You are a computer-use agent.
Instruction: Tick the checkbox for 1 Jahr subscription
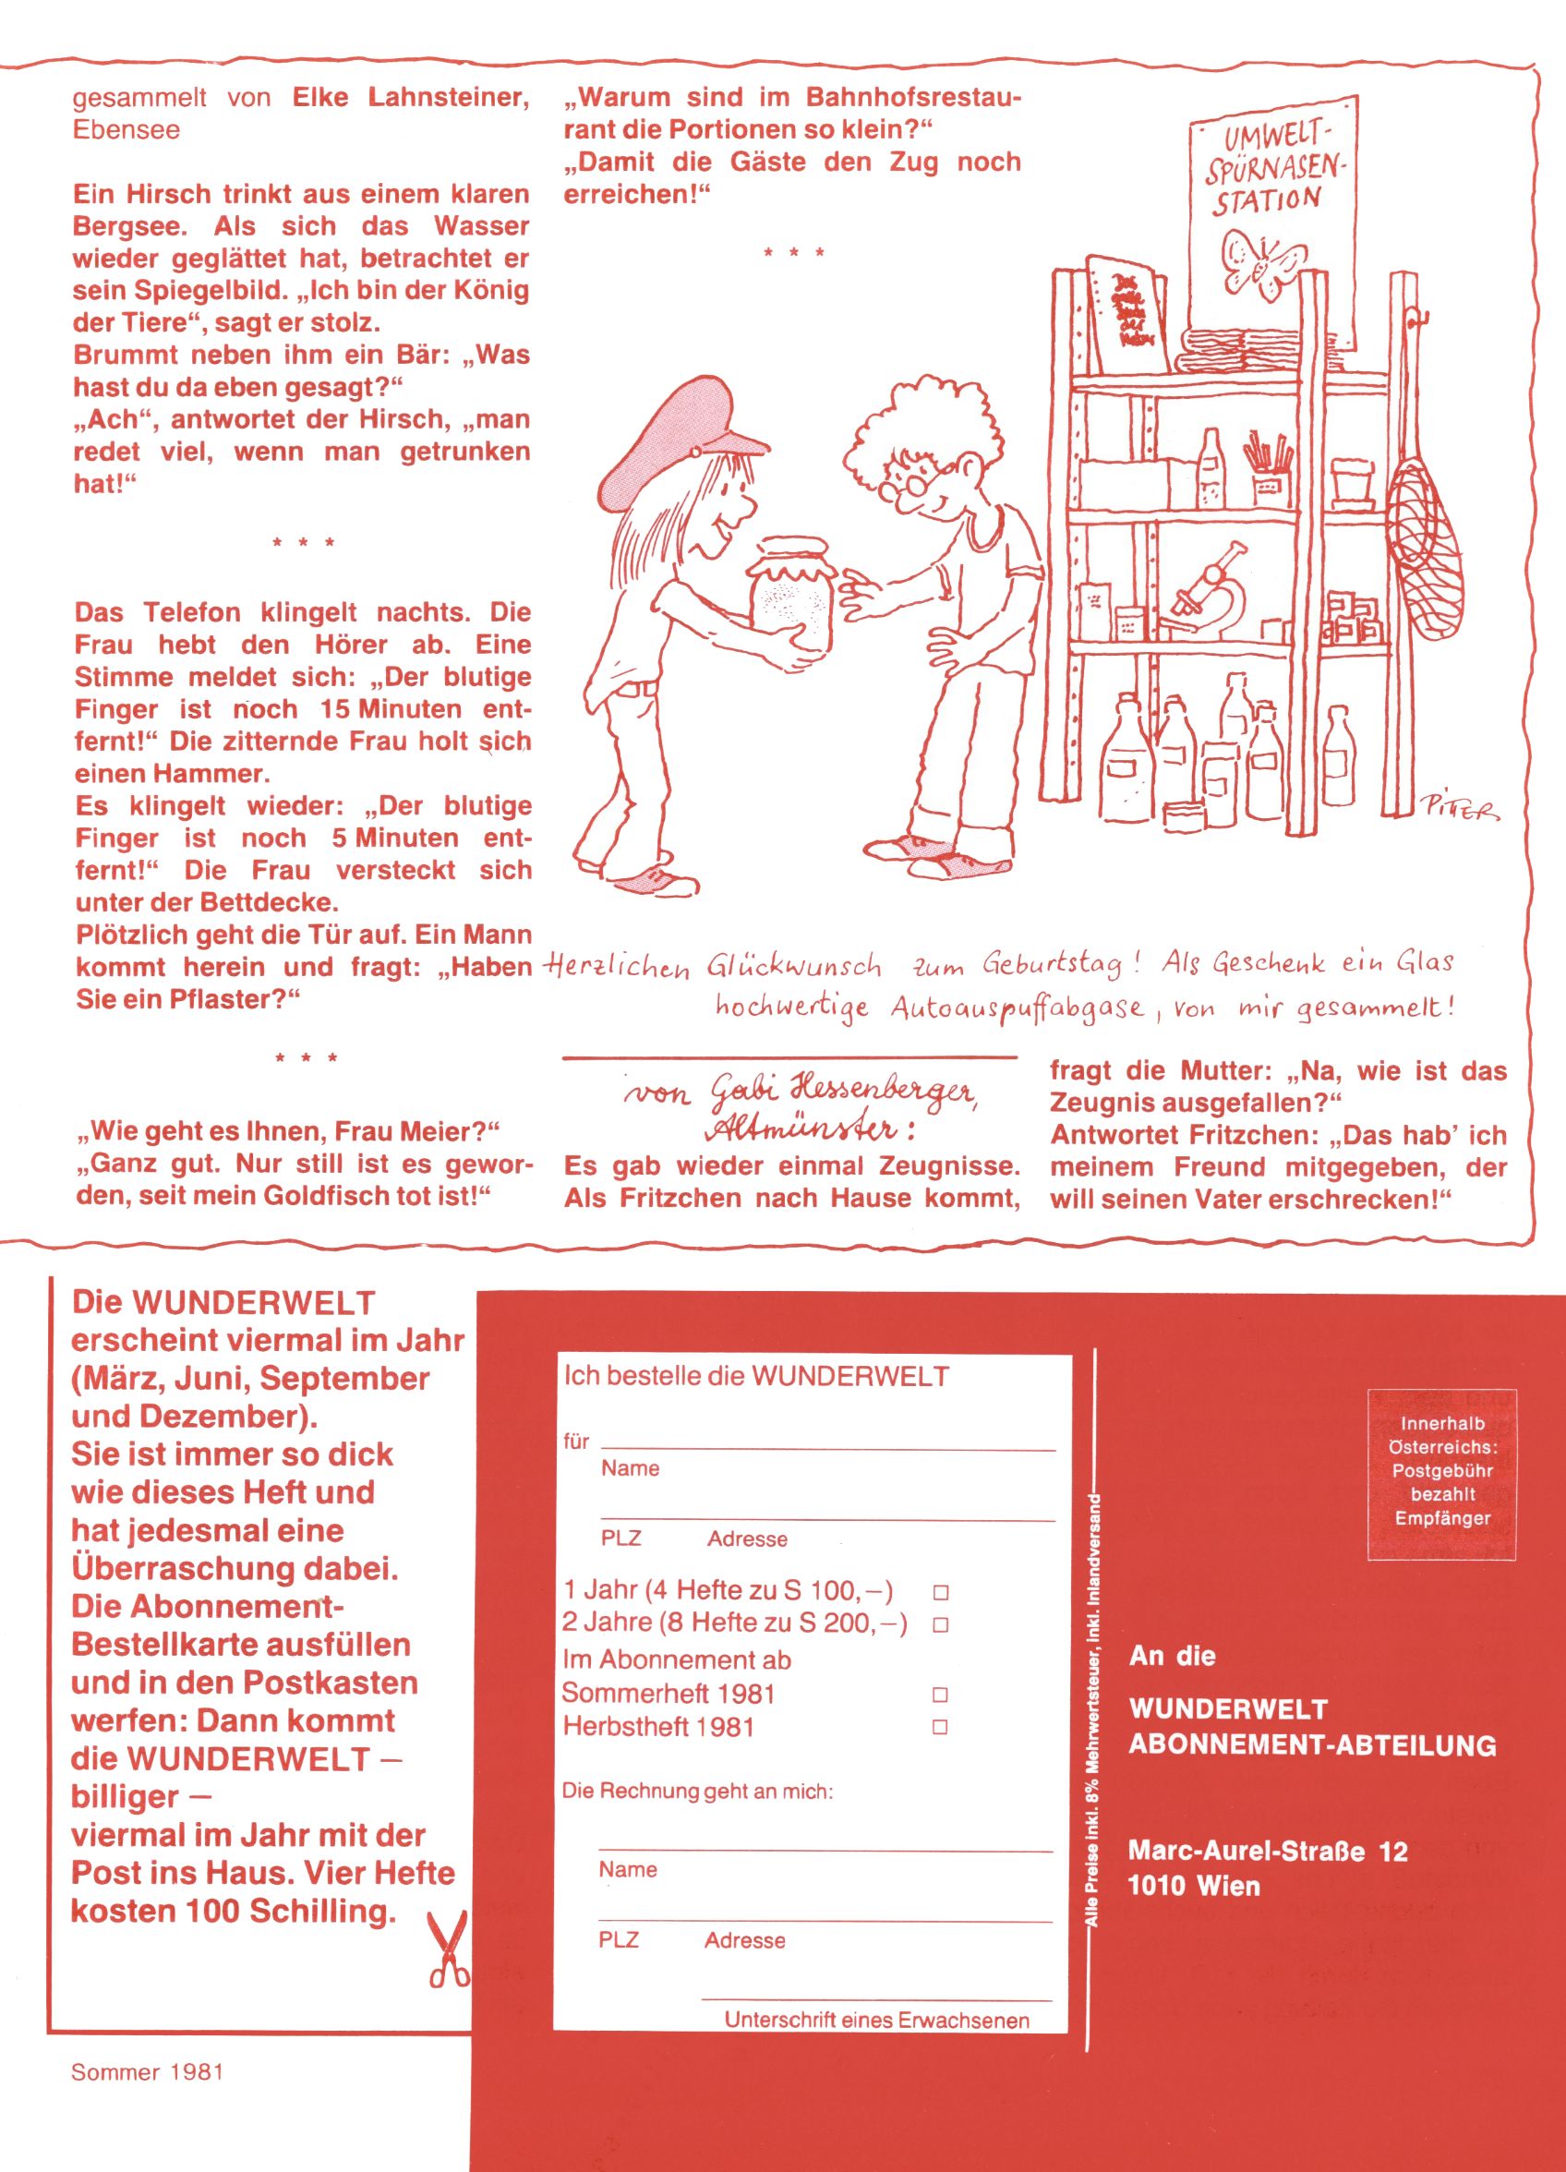(941, 1593)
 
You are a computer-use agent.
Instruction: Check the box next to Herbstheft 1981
(941, 1728)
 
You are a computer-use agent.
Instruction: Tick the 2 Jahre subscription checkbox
(941, 1625)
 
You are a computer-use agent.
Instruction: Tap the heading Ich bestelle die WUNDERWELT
(755, 1377)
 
